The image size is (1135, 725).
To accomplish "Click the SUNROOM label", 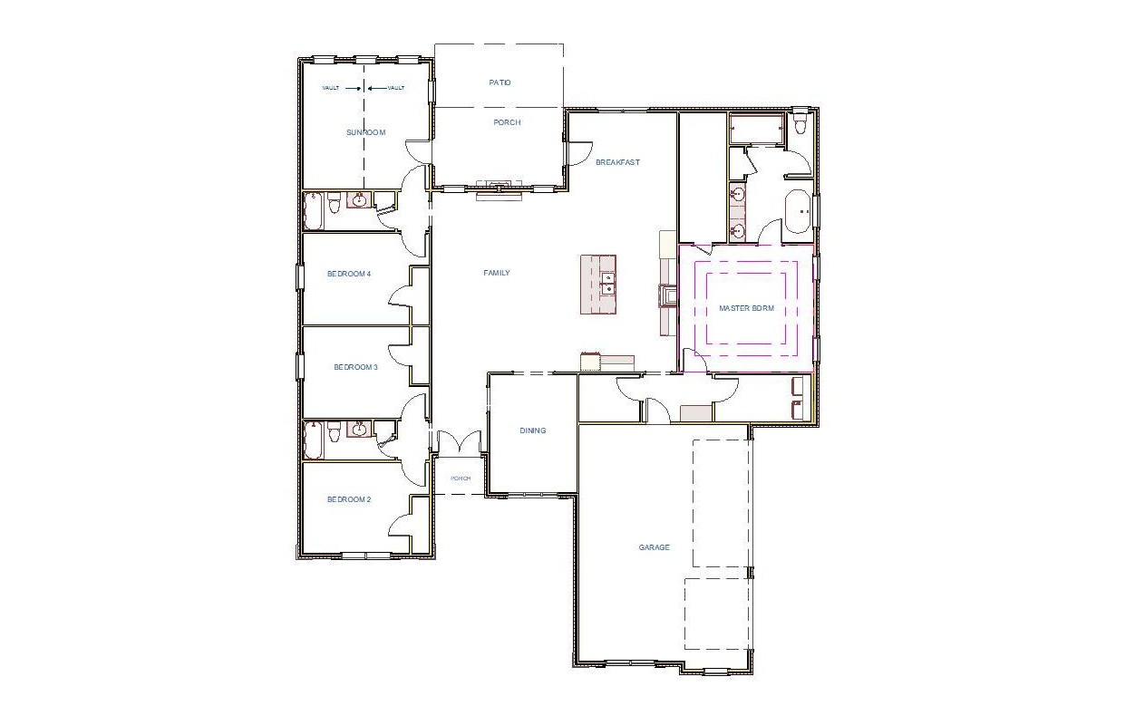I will point(365,132).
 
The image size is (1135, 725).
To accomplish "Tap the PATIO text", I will point(500,82).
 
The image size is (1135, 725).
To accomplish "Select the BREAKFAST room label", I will point(617,162).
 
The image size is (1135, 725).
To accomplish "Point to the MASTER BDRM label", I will point(746,308).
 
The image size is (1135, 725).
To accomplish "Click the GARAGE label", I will point(654,547).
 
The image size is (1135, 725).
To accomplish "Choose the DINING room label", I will point(533,430).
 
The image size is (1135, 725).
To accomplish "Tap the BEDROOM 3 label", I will point(355,367).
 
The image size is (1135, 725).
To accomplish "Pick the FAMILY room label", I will point(496,273).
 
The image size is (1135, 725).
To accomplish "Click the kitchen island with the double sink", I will point(598,285).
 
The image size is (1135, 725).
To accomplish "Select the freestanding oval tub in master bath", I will point(799,210).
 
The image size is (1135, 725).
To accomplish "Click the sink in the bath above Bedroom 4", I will point(360,199).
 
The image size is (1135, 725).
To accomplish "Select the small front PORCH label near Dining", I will point(461,478).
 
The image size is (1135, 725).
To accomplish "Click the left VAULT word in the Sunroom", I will point(330,88).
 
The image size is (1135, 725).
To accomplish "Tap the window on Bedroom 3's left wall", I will point(299,366).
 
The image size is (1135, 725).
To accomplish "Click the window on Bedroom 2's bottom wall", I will point(365,555).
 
